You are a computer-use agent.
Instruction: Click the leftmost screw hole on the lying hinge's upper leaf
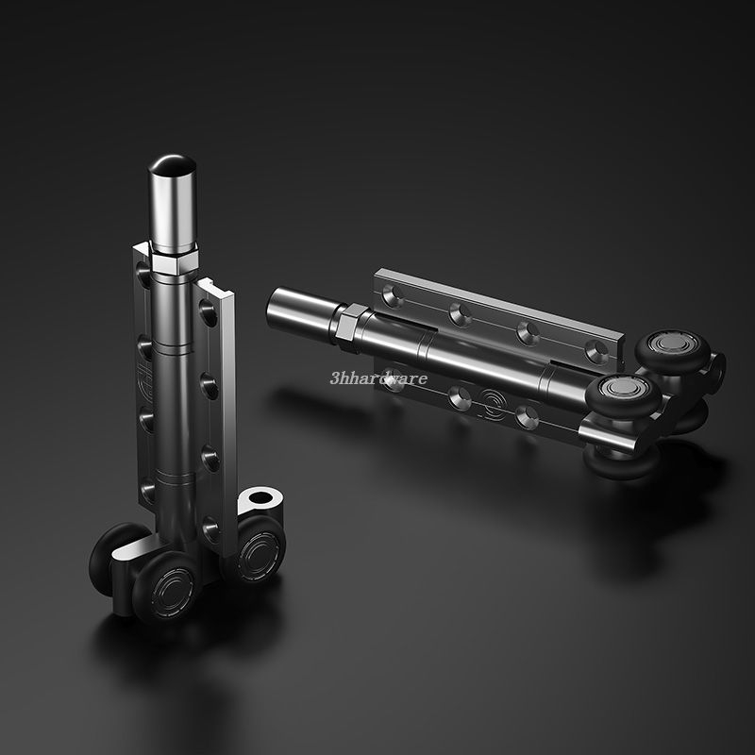pos(394,296)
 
